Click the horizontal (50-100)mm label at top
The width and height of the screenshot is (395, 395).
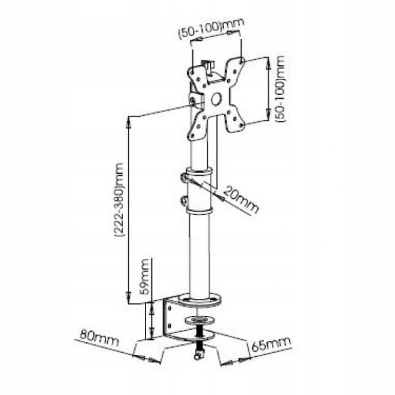click(211, 28)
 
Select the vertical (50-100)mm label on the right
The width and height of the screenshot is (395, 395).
click(280, 89)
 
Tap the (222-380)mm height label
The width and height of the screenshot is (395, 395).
click(119, 199)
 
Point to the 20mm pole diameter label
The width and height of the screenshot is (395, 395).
click(240, 200)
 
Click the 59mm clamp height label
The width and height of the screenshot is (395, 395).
click(145, 276)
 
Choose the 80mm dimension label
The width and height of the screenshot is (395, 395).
click(99, 338)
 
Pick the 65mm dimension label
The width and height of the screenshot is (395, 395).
click(271, 344)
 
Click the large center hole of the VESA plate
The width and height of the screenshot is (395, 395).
click(216, 99)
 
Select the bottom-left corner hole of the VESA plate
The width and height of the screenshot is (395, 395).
click(192, 136)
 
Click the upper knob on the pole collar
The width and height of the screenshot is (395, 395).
click(184, 178)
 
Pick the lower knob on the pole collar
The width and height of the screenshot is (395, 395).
click(184, 200)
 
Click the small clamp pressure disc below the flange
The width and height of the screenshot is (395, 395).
click(199, 320)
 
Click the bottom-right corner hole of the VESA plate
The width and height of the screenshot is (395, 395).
click(242, 125)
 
